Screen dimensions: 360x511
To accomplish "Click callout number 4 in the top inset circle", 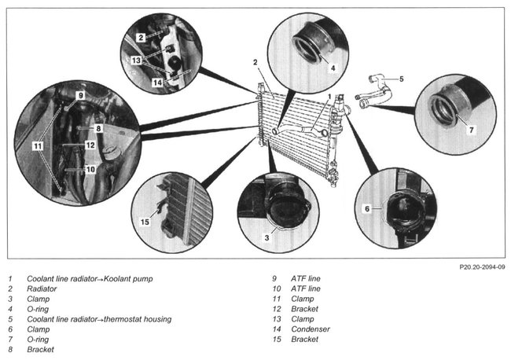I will [x=333, y=68].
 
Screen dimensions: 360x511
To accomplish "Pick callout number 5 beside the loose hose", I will [x=400, y=79].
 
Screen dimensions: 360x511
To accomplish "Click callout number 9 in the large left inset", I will [x=80, y=95].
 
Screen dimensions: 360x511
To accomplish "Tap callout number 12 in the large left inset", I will [x=90, y=145].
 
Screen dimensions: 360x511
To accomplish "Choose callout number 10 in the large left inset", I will [x=90, y=169].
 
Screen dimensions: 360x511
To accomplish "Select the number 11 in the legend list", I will [x=275, y=299].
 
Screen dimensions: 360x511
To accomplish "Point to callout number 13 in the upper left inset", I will [x=136, y=60].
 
